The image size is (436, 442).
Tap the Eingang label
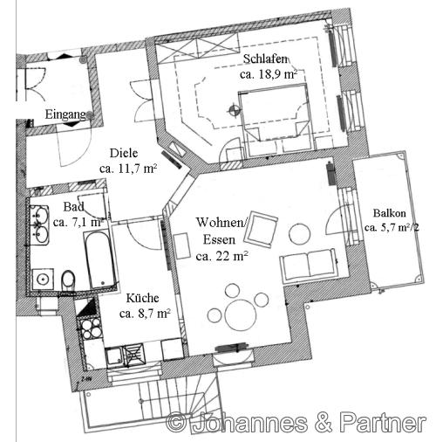point(65,114)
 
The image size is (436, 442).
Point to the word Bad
point(73,207)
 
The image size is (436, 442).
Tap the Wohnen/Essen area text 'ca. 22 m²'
point(221,257)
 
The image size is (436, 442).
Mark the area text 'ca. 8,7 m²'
point(144,313)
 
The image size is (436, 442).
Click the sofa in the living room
point(307,264)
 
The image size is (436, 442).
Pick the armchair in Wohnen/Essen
point(262,230)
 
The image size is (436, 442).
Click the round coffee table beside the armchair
point(299,233)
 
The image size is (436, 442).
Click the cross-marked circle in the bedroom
point(233,110)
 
